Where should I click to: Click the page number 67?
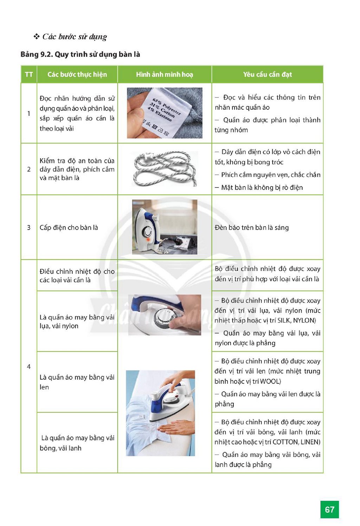pos(329,509)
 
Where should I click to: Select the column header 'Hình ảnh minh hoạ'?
pos(165,75)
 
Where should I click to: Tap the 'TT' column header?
pos(28,75)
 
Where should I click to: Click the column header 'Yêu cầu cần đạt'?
pos(267,75)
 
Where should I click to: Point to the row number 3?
pos(28,227)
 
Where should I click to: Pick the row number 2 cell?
pos(28,169)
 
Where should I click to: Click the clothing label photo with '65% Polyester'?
pos(165,113)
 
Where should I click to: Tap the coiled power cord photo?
pos(165,169)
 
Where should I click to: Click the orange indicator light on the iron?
pos(148,240)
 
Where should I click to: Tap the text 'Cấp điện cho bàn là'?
pos(69,227)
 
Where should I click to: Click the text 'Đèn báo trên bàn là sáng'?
pos(252,227)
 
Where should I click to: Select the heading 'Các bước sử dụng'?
pos(75,37)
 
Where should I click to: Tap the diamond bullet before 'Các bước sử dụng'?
pos(36,36)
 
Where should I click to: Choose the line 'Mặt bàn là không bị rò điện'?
pos(259,188)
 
